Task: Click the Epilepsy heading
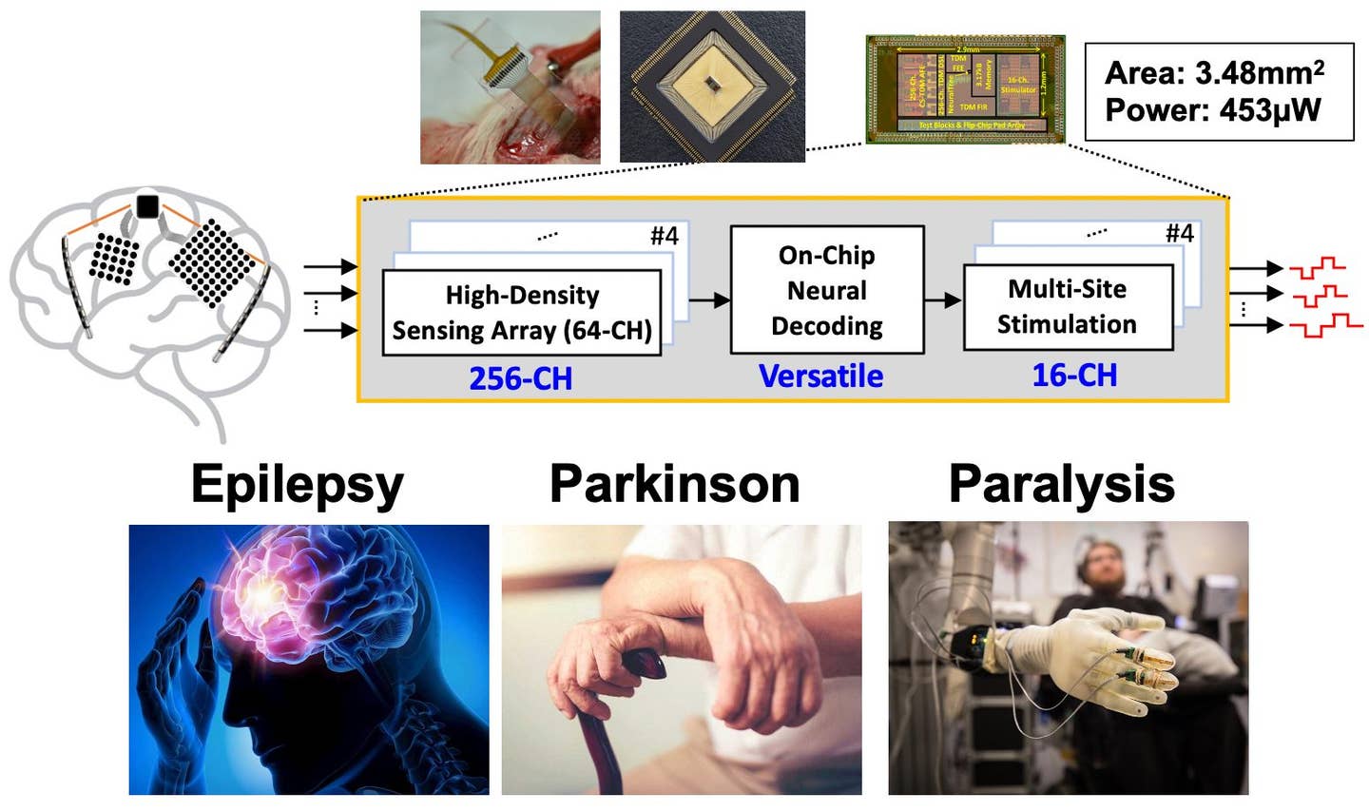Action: pyautogui.click(x=297, y=485)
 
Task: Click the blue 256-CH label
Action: pyautogui.click(x=520, y=378)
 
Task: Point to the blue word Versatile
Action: pyautogui.click(x=820, y=377)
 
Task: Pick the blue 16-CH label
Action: pyautogui.click(x=1074, y=376)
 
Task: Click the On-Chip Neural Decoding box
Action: pyautogui.click(x=826, y=290)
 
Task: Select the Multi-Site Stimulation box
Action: pyautogui.click(x=1067, y=306)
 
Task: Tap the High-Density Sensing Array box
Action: pyautogui.click(x=521, y=312)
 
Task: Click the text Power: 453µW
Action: pyautogui.click(x=1212, y=110)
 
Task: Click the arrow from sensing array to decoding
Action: pyautogui.click(x=709, y=300)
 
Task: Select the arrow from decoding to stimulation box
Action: pyautogui.click(x=943, y=300)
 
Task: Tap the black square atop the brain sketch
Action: pyautogui.click(x=147, y=205)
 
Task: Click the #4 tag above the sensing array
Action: pyautogui.click(x=664, y=236)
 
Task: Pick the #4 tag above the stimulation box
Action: pyautogui.click(x=1179, y=233)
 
